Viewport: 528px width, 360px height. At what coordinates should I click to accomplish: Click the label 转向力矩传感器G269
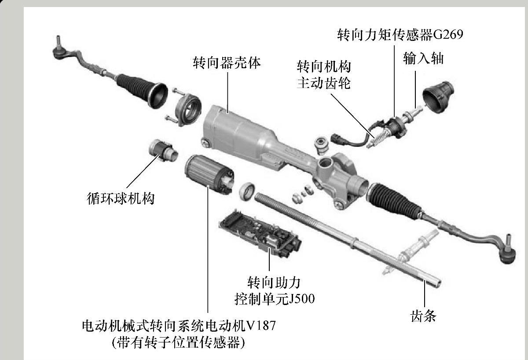coord(400,35)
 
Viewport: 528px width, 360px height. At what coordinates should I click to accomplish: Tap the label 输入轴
coord(423,58)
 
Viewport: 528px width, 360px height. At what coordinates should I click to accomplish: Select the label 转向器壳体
coord(227,62)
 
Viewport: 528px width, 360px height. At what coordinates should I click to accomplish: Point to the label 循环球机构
coord(121,198)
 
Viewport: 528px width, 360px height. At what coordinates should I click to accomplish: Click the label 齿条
coord(423,316)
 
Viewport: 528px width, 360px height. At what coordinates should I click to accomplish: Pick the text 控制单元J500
coord(275,299)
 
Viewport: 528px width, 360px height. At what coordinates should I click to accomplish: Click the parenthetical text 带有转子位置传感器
coord(179,342)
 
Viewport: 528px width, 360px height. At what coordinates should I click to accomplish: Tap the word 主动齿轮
coord(324,83)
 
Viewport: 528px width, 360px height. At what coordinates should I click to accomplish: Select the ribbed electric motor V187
coord(209,174)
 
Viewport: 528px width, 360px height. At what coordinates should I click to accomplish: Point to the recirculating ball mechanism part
coord(163,150)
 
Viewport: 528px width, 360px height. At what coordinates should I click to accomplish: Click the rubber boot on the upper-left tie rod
coord(141,91)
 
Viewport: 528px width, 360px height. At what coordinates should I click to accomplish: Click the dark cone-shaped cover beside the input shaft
coord(438,97)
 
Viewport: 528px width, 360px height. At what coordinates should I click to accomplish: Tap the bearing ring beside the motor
coord(247,191)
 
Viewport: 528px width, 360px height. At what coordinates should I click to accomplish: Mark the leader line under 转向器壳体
coord(228,92)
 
